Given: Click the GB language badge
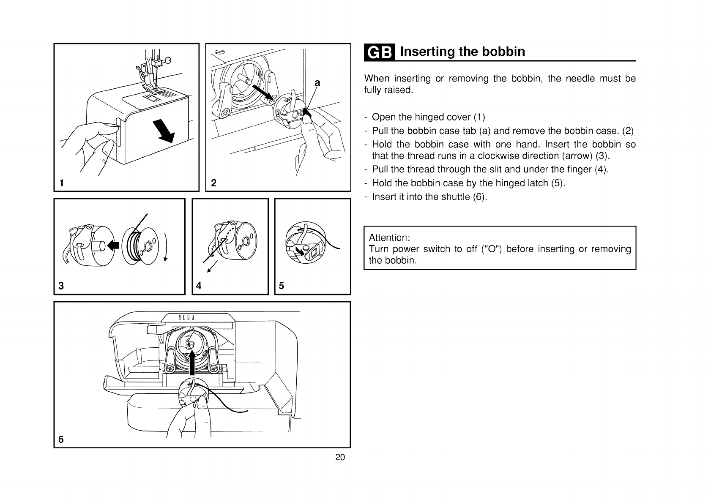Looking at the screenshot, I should tap(379, 52).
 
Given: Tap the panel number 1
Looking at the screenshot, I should tap(62, 183).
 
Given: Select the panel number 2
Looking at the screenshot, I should tap(213, 183).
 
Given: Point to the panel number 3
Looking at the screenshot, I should tap(61, 286).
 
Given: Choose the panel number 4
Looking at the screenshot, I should tap(199, 286).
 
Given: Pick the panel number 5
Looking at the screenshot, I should tap(282, 286).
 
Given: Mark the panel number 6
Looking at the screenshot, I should tap(61, 439).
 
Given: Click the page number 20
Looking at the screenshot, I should tap(340, 457).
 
